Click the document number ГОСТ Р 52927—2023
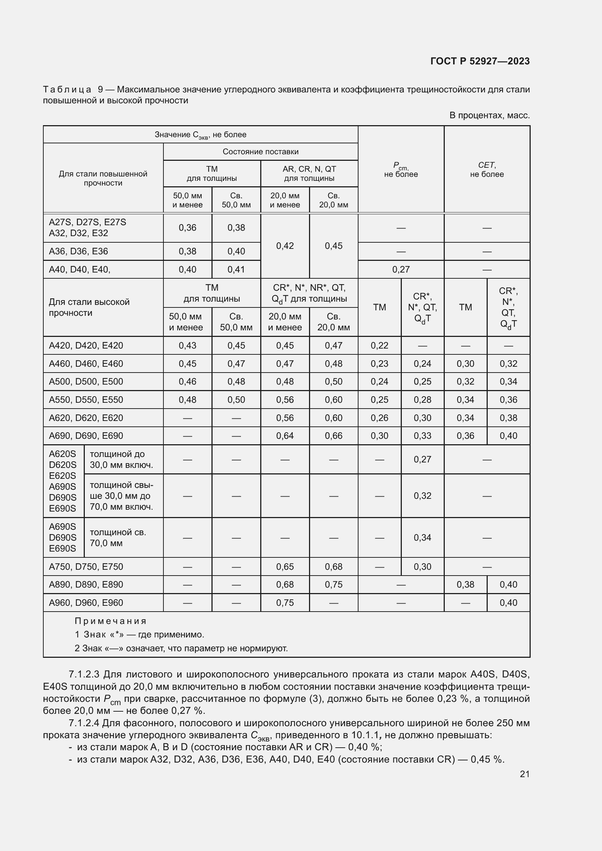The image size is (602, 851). (480, 61)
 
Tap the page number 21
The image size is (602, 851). (524, 774)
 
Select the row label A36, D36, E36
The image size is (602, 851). (79, 251)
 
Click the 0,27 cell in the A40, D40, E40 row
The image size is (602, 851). (401, 270)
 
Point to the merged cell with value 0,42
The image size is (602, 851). (285, 246)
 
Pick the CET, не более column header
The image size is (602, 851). (487, 170)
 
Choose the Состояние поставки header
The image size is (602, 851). (260, 152)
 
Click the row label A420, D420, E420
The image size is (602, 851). (86, 345)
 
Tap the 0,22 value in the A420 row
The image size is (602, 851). (379, 345)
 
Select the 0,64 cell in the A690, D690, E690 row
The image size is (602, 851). (285, 436)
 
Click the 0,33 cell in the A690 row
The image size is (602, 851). (422, 436)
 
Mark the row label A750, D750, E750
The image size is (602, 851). (86, 567)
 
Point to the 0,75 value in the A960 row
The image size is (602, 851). (285, 603)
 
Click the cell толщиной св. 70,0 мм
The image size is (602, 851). (118, 537)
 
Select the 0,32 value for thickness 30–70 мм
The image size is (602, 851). (422, 496)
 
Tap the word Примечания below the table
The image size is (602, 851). (111, 621)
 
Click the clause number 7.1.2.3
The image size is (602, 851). (84, 674)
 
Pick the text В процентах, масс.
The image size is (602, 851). (489, 115)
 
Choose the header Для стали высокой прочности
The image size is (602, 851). (89, 307)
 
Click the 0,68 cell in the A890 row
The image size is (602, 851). (285, 585)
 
